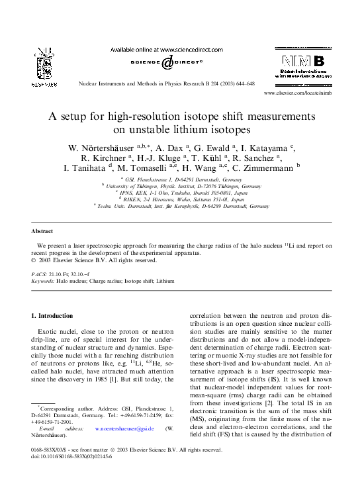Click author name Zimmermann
(261, 168)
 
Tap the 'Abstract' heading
(43, 231)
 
